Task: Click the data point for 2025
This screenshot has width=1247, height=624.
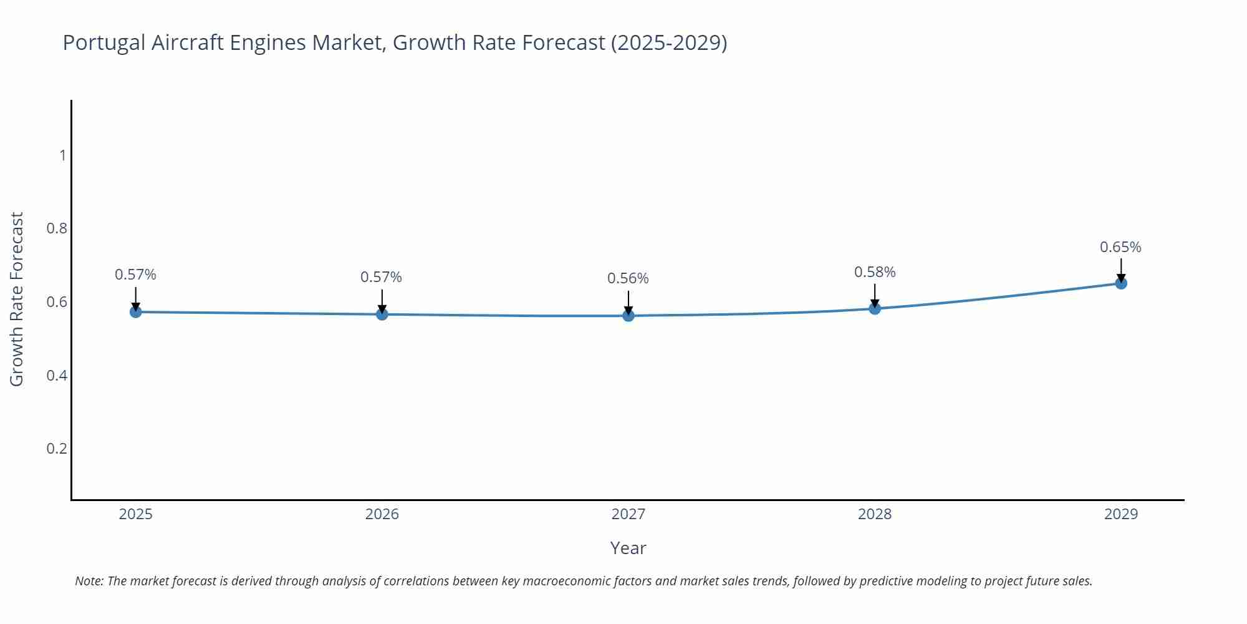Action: coord(135,311)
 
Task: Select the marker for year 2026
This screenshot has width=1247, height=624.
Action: coord(382,314)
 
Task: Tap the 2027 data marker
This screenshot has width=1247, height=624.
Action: coord(628,316)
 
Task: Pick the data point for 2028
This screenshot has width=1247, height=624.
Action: coord(874,308)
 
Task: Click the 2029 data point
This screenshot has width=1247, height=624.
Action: coord(1120,283)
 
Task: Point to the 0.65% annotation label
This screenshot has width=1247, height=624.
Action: coord(1120,247)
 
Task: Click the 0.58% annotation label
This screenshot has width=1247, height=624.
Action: coord(874,272)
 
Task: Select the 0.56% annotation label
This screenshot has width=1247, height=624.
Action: coord(628,278)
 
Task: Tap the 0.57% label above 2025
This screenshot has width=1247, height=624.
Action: coord(135,275)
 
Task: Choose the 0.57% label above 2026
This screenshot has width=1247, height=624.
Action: coord(381,277)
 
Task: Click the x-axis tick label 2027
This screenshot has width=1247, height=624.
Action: coord(628,514)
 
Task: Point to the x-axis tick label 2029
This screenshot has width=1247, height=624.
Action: coord(1120,514)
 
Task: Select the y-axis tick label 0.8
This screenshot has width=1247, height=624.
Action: coord(57,228)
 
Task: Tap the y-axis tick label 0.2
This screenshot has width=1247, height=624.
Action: coord(57,449)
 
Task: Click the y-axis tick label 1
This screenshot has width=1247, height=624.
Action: coord(62,155)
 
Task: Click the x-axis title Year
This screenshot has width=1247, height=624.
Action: coord(628,548)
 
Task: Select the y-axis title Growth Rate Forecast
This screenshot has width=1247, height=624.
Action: coord(17,300)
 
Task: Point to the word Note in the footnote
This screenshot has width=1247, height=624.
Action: coord(89,581)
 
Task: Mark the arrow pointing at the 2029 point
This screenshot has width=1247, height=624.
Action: coord(1120,270)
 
